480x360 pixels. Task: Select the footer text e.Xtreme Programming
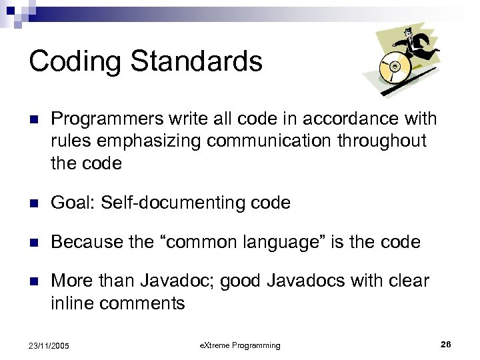click(241, 345)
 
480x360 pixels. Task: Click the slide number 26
click(446, 344)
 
